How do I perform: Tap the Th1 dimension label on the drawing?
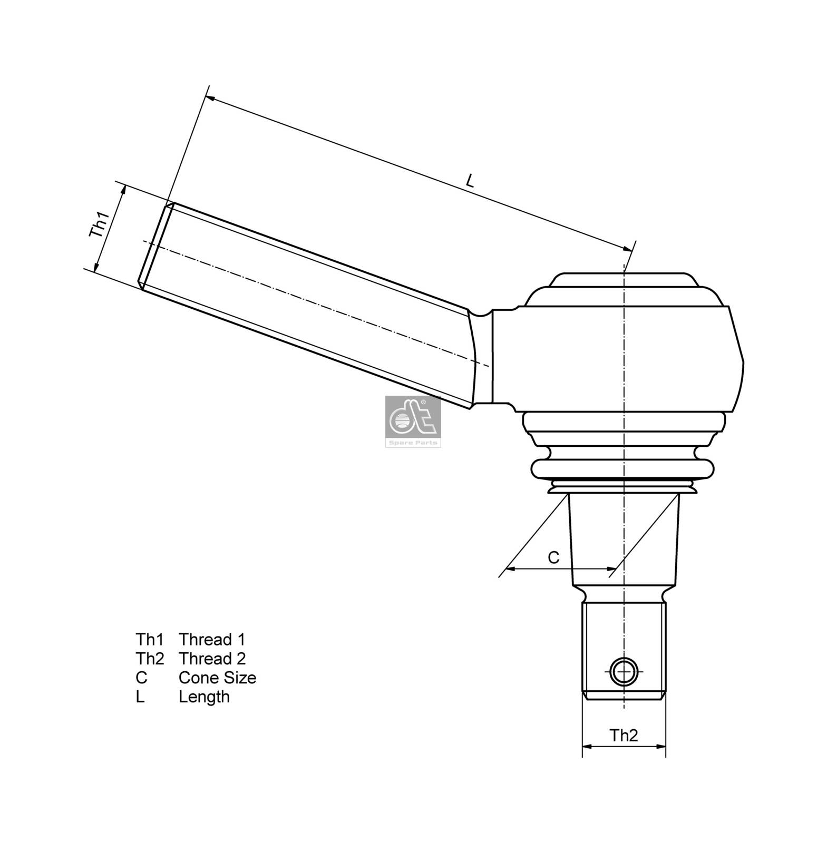[99, 224]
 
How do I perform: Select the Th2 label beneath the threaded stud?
[624, 735]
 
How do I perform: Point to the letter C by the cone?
[553, 557]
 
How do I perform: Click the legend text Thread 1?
[212, 640]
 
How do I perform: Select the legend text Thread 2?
[212, 659]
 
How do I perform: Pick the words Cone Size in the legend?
[217, 678]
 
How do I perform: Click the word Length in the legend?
[204, 697]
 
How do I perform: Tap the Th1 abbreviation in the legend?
[150, 640]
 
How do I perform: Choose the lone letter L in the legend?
[140, 697]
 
